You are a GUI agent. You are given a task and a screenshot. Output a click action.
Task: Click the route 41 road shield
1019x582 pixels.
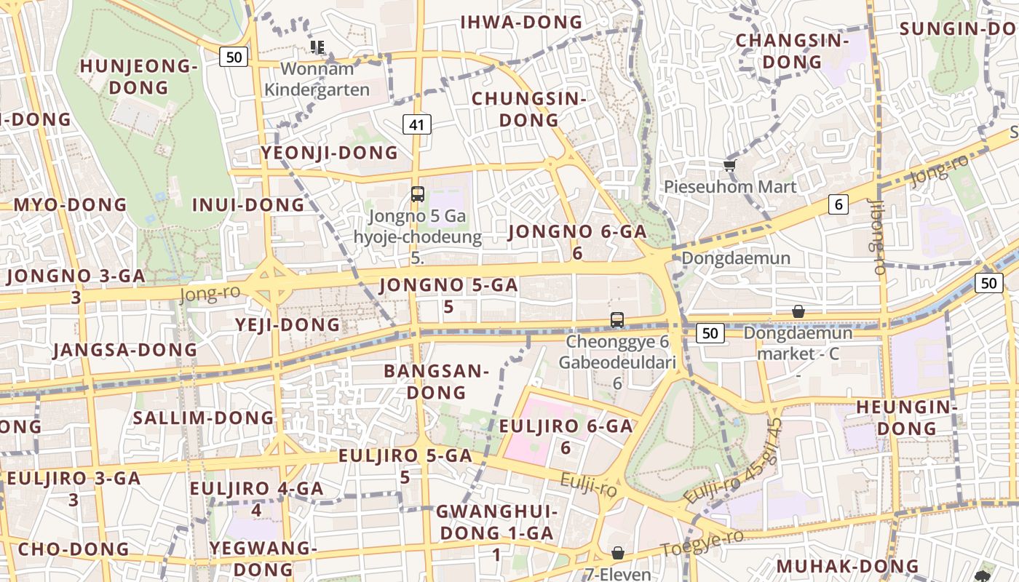(x=416, y=125)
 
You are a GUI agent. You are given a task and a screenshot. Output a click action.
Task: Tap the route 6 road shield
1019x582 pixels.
(x=838, y=204)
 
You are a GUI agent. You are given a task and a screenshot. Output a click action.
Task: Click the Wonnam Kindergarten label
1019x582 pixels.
(x=317, y=79)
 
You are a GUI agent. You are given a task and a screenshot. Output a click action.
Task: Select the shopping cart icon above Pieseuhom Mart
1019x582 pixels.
(x=730, y=165)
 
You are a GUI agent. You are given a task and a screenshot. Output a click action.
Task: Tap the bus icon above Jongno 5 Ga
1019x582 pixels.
(x=417, y=194)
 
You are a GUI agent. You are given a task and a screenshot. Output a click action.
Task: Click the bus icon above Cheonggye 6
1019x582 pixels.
(x=617, y=319)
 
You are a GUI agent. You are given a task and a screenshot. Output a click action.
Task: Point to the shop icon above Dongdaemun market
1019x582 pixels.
(x=798, y=311)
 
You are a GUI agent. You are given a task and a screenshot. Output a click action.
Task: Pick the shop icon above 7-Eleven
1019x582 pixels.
(x=618, y=553)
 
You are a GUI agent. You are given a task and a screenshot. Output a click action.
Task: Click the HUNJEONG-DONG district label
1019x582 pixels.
(x=138, y=76)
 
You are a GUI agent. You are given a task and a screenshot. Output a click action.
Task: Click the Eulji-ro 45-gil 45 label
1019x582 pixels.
(x=733, y=461)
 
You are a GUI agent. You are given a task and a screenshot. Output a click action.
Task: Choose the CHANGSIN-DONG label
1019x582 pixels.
(x=792, y=51)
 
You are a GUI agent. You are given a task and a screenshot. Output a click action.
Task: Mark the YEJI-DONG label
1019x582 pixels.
(x=288, y=324)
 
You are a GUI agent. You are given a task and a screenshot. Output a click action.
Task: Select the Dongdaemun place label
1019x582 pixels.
(x=735, y=258)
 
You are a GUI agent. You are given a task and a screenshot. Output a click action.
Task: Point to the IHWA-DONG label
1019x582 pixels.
(x=521, y=23)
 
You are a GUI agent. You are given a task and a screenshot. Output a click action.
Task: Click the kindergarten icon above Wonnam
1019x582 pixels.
(x=317, y=47)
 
